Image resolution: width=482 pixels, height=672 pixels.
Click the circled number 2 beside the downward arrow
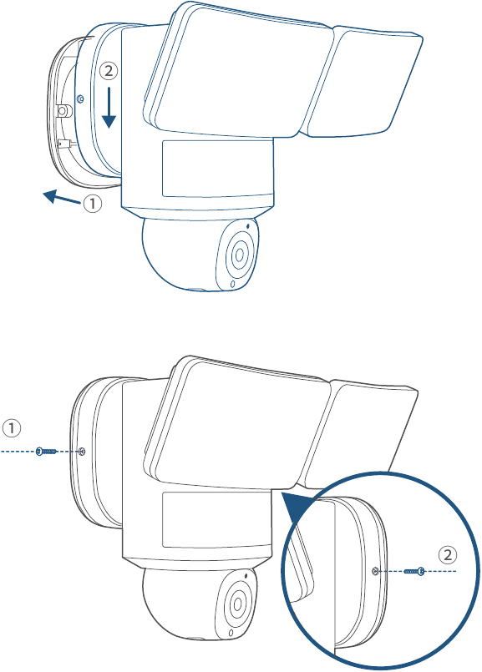pyautogui.click(x=109, y=71)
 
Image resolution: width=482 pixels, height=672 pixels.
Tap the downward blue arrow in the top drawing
pyautogui.click(x=109, y=108)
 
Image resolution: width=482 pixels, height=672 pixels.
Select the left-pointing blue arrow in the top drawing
pyautogui.click(x=62, y=198)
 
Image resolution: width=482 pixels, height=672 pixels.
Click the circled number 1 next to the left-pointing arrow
pyautogui.click(x=93, y=203)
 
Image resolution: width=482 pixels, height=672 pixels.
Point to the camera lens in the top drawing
pyautogui.click(x=239, y=255)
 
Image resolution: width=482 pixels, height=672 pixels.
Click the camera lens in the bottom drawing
pyautogui.click(x=237, y=605)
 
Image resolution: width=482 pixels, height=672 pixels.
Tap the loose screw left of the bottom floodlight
pyautogui.click(x=46, y=452)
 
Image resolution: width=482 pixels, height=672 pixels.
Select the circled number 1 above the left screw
pyautogui.click(x=12, y=427)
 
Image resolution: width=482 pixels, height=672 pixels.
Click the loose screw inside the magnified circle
pyautogui.click(x=414, y=571)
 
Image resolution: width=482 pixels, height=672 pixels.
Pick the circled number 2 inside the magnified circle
pyautogui.click(x=448, y=555)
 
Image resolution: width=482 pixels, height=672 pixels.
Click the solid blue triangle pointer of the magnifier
pyautogui.click(x=297, y=508)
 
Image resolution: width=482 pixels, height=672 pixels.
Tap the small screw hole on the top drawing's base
pyautogui.click(x=79, y=99)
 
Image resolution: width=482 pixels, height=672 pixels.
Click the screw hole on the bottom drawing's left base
pyautogui.click(x=83, y=451)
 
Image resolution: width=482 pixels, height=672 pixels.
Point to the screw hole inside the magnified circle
pyautogui.click(x=376, y=571)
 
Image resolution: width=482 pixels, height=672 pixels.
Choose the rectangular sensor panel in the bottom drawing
pyautogui.click(x=217, y=519)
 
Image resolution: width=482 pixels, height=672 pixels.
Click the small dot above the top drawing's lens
pyautogui.click(x=248, y=225)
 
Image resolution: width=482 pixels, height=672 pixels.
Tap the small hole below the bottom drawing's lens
pyautogui.click(x=231, y=633)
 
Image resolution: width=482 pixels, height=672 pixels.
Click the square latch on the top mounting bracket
pyautogui.click(x=64, y=111)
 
